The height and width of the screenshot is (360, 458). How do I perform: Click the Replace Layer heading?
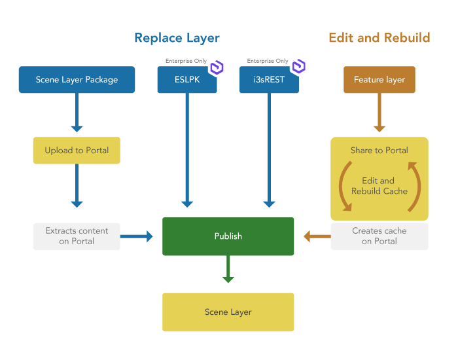pos(177,38)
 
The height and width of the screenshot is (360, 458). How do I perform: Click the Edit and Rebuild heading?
pos(379,37)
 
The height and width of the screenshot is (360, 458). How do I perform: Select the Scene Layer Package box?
pos(77,80)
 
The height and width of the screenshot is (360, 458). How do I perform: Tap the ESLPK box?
pos(187,81)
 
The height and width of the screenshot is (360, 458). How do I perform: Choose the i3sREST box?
pos(269,81)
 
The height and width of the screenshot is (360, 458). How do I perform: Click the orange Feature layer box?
pos(379,80)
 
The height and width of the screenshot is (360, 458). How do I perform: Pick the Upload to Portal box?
pos(77,151)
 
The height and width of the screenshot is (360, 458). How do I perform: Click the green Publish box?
pos(228,236)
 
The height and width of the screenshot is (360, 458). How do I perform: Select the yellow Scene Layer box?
pos(228,312)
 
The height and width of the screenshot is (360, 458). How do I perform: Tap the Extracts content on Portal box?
pos(77,236)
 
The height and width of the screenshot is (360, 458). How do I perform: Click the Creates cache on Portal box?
pos(379,236)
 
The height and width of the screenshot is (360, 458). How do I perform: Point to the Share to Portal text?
pos(379,151)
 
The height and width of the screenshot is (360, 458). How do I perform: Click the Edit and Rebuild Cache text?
pos(379,187)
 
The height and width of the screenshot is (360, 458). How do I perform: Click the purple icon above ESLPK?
pos(216,67)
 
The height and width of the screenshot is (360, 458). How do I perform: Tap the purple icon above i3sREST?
pos(298,67)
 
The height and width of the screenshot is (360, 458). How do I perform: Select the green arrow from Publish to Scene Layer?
pos(228,270)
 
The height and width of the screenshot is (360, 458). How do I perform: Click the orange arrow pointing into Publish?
pos(317,236)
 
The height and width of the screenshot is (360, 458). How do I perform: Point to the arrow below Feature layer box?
pos(379,114)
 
